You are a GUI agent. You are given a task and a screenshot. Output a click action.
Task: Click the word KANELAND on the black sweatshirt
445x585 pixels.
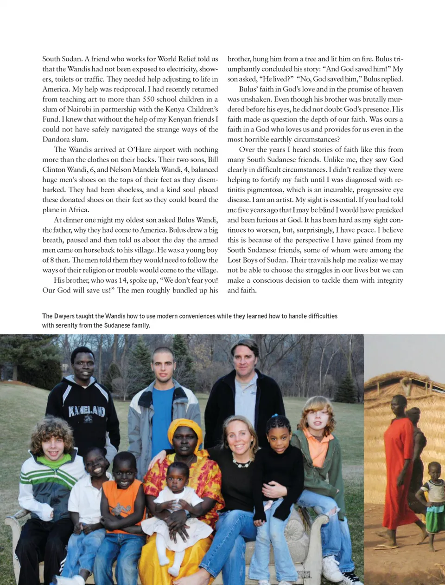pos(87,411)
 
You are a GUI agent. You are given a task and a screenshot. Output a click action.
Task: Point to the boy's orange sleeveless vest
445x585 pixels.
pos(122,504)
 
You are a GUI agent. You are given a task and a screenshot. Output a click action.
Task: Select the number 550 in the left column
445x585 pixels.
pos(148,99)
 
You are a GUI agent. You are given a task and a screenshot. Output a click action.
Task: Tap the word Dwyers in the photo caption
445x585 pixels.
pos(64,316)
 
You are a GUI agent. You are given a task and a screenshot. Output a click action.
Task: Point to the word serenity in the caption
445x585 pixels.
pos(68,325)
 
